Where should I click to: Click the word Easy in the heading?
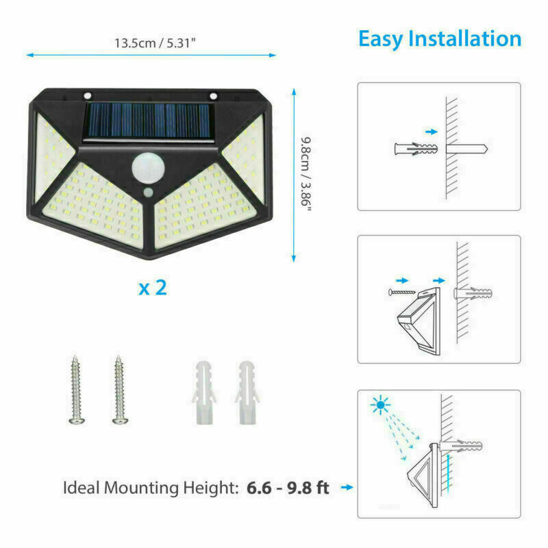point(380,39)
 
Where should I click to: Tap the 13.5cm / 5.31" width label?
point(155,43)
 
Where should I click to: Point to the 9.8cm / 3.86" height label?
point(306,174)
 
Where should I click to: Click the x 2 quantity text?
point(153,288)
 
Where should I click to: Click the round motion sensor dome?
point(148,168)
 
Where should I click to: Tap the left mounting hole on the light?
point(88,95)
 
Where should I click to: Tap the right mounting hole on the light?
point(213,95)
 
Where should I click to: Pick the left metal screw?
point(76,390)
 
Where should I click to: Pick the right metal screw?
point(120,390)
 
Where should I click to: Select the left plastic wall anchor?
point(204,393)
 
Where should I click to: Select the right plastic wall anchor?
point(247,393)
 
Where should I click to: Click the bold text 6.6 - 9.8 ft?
point(288,488)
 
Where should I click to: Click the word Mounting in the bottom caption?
point(142,488)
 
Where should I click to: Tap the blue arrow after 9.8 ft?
point(347,487)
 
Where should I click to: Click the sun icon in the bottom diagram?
point(380,405)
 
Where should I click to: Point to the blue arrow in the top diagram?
point(432,132)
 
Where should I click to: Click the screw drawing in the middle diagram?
point(402,292)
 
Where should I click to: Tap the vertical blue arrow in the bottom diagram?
point(449,473)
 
